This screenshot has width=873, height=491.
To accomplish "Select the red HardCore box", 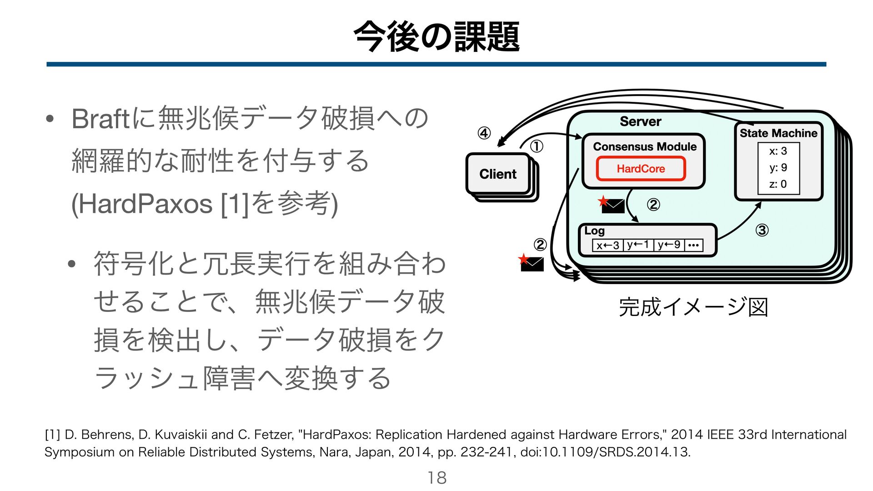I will pos(641,169).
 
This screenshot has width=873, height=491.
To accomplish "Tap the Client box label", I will pos(498,174).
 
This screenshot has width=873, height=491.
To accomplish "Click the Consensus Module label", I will pos(645,147).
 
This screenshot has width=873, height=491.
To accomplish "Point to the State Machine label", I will pos(778,133).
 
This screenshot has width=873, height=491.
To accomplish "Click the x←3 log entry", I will pos(608,245).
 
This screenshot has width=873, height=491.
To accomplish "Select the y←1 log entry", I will pos(638,245).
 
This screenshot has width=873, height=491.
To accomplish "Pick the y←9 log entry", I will pos(669,245).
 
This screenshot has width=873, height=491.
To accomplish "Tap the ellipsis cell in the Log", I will pos(693,245).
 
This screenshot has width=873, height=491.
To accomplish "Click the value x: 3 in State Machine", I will pos(778,151).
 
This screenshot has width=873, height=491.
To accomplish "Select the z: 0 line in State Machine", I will pos(778,184).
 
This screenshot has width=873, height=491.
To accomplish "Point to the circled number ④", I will pos(484,134).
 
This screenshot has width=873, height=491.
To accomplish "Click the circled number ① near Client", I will pos(537,146).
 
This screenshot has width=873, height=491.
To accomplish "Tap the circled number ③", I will pos(762,230).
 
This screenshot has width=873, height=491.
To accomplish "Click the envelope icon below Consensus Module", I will pos(612,206).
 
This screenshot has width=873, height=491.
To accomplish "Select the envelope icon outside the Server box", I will pos(532,264).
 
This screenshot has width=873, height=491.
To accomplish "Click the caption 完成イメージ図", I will pos(693,307).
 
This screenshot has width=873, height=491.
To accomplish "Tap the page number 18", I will pos(436,478).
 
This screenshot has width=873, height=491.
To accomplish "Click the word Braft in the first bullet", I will pos(100,119).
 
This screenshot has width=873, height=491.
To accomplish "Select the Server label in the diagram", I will pos(640,121).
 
